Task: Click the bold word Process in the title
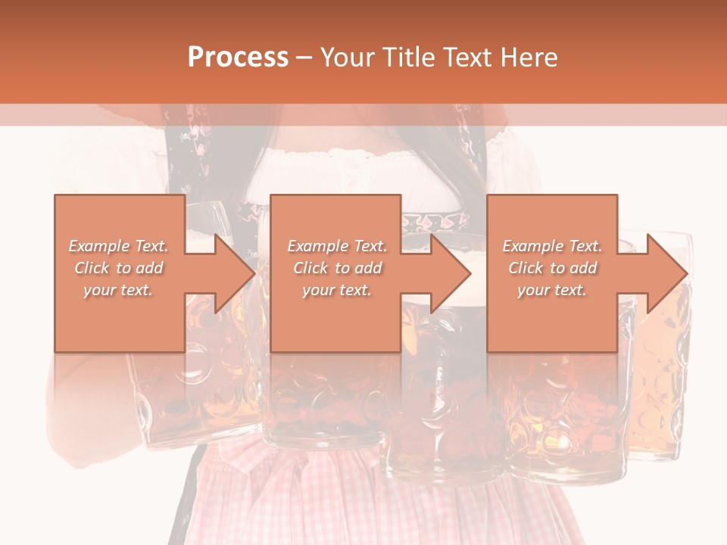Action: [238, 57]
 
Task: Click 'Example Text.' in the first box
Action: [118, 246]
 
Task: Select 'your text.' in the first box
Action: [118, 290]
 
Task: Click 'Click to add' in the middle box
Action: [337, 268]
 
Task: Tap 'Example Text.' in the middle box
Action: [337, 246]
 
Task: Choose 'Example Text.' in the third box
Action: [552, 246]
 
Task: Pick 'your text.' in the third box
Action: [552, 290]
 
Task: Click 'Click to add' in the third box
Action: [552, 268]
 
